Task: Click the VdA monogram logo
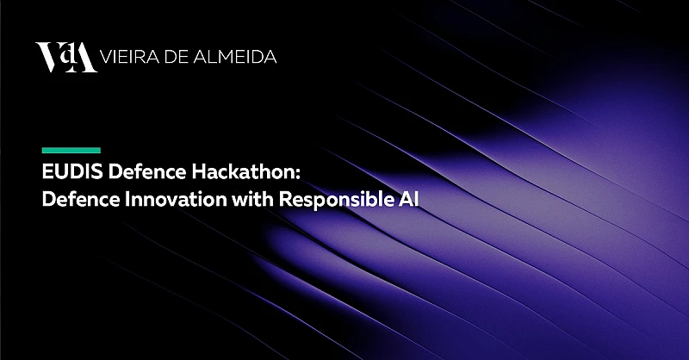coord(65,58)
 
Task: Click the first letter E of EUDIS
coord(47,171)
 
